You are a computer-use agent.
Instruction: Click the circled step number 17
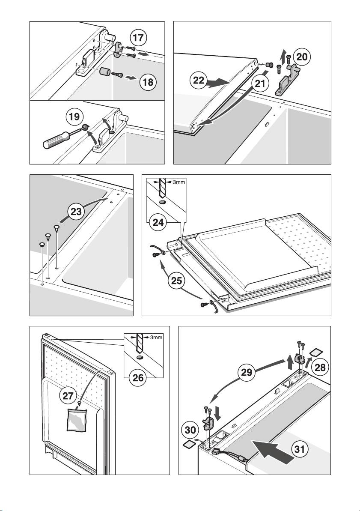tap(138, 38)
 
